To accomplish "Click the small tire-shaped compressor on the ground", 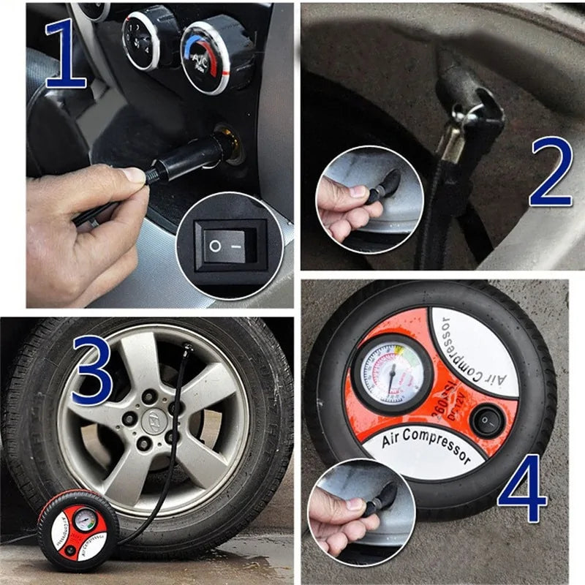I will pos(78,530).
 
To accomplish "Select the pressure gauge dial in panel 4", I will pos(392,374).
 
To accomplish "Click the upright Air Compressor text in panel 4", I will pos(426,445).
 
